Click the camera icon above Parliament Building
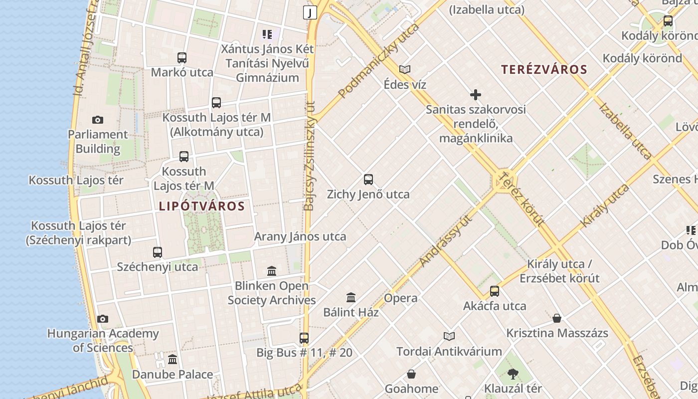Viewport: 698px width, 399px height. click(98, 120)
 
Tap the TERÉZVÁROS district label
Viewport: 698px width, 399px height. click(544, 69)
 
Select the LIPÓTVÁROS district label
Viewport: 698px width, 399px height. click(202, 206)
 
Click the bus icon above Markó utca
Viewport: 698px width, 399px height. click(182, 58)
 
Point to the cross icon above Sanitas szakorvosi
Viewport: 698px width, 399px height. click(476, 94)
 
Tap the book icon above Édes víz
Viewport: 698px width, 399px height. click(405, 70)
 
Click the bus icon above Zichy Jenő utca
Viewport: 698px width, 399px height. click(368, 180)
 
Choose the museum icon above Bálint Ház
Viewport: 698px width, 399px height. click(351, 298)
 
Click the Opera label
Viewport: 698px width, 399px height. click(400, 298)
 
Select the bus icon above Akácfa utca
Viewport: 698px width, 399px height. click(495, 291)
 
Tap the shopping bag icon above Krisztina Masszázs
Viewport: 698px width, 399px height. click(557, 318)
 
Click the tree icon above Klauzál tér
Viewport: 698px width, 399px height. click(513, 374)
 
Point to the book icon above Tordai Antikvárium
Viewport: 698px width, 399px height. click(449, 337)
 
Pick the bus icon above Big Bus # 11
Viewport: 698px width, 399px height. click(304, 338)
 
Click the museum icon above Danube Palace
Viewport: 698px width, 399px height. click(173, 360)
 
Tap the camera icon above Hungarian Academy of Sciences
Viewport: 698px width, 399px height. click(103, 319)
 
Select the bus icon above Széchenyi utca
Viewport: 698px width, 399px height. click(158, 252)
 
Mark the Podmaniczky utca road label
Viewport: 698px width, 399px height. click(379, 60)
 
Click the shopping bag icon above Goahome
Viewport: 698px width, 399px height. click(411, 374)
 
